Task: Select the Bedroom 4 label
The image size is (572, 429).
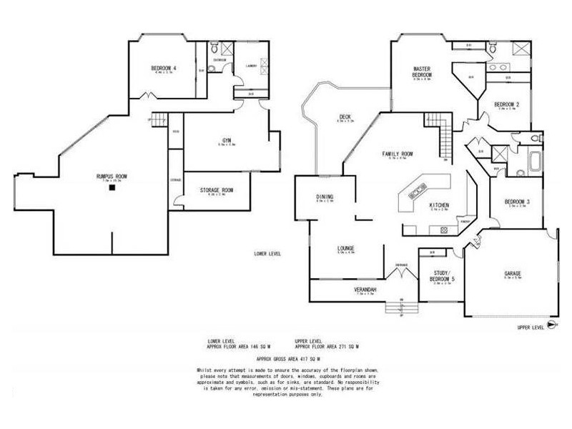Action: point(164,69)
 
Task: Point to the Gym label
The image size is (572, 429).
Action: point(226,140)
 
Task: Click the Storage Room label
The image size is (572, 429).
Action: point(216,190)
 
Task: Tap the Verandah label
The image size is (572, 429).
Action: point(365,290)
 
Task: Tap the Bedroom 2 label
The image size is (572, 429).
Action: point(507,106)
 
